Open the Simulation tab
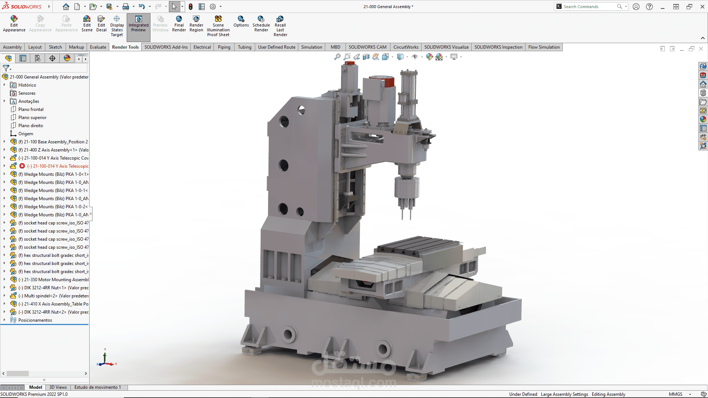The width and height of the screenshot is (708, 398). [x=311, y=47]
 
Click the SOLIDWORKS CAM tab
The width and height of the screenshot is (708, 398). [x=367, y=47]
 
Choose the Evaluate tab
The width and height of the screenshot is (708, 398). [x=98, y=47]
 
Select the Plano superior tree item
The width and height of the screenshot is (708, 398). [x=32, y=118]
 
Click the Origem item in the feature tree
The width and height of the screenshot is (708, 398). [x=25, y=134]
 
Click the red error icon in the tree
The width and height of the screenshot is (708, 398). [x=22, y=166]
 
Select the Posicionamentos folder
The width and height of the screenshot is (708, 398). [x=35, y=320]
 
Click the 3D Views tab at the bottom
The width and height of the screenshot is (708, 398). [x=58, y=387]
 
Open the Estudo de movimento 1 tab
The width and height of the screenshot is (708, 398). [x=97, y=387]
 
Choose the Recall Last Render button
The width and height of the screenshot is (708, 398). [x=280, y=26]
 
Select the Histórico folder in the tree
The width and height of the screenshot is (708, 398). [x=27, y=85]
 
